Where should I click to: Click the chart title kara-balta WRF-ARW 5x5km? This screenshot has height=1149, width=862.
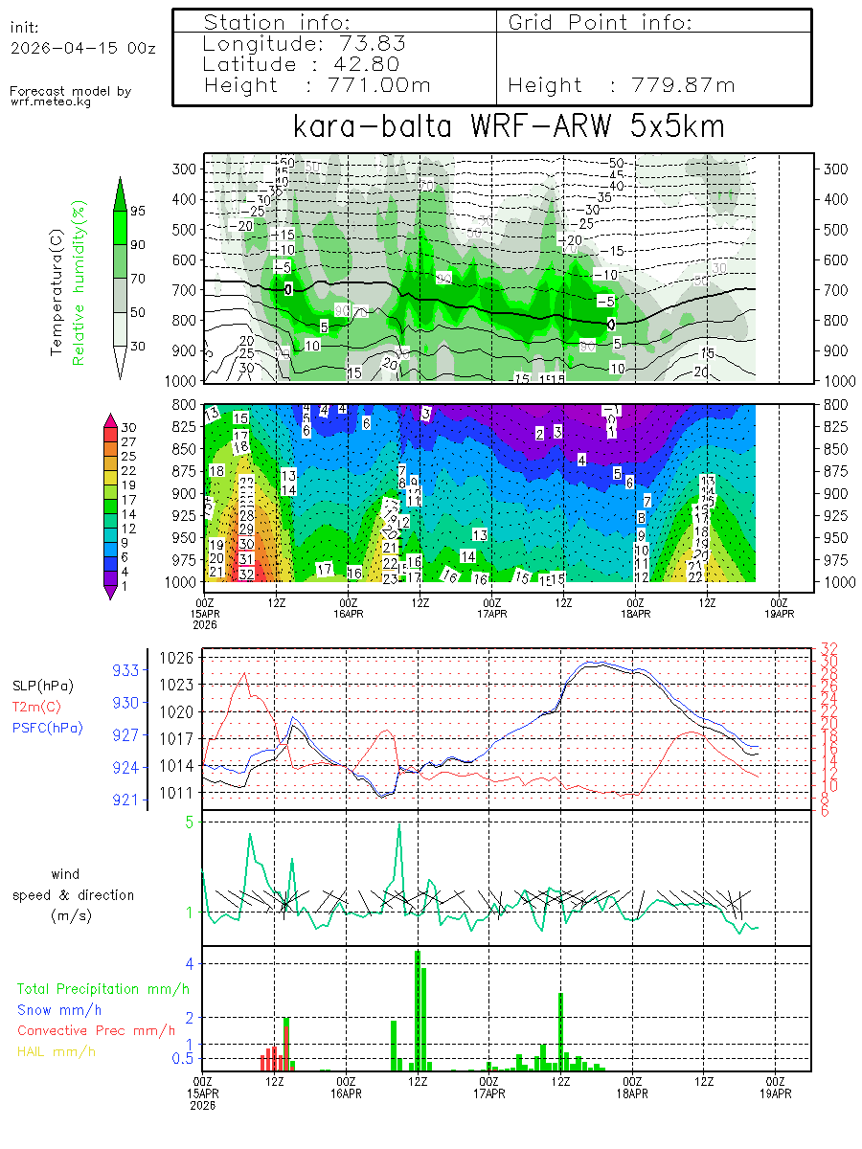click(x=508, y=127)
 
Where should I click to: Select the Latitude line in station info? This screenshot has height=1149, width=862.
click(x=303, y=64)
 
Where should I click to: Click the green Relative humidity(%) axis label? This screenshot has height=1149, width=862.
click(x=81, y=282)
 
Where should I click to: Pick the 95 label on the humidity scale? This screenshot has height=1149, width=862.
click(x=137, y=212)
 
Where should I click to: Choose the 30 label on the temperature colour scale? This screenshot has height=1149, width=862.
click(x=128, y=427)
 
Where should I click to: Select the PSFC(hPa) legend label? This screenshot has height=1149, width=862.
click(x=47, y=728)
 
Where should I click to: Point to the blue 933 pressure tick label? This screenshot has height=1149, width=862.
click(x=126, y=670)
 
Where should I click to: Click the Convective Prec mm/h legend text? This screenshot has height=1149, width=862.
click(x=96, y=1030)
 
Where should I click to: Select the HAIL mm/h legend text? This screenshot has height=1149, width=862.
click(x=57, y=1051)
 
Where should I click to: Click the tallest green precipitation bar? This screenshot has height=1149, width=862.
click(x=418, y=1010)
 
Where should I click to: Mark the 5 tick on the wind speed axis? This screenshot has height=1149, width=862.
click(x=191, y=822)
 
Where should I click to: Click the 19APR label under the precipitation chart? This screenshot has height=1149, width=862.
click(x=776, y=1093)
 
